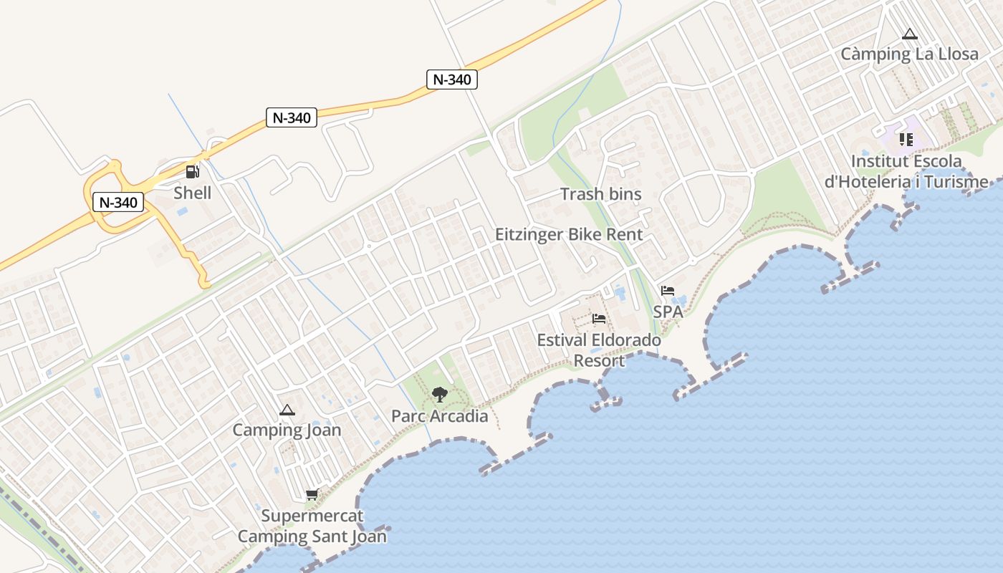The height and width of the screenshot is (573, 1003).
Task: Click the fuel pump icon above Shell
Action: (x=192, y=172)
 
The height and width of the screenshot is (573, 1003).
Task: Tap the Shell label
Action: (x=193, y=193)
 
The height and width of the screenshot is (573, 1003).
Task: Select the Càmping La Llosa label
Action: (x=909, y=54)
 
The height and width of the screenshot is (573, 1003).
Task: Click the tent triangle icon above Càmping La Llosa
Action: (x=910, y=34)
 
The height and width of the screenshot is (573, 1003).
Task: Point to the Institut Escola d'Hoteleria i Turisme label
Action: (x=906, y=171)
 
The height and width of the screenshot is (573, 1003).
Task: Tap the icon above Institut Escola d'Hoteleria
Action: (x=906, y=140)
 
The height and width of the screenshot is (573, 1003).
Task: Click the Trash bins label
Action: (x=600, y=194)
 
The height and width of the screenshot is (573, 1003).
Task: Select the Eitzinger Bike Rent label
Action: (x=569, y=234)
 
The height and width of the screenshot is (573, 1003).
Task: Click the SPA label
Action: (x=668, y=312)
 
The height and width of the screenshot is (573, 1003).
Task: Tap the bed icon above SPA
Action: (x=668, y=291)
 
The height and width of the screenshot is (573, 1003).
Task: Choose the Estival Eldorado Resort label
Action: (x=599, y=350)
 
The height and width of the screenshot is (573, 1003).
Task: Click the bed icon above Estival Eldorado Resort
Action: (x=599, y=319)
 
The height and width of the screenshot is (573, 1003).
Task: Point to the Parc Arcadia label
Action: (x=439, y=416)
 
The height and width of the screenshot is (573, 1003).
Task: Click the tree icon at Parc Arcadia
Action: (x=439, y=395)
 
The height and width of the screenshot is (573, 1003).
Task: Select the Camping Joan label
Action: (x=287, y=430)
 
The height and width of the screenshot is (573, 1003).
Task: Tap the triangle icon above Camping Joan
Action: (x=287, y=410)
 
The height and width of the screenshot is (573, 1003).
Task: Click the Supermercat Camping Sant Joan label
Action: (x=312, y=526)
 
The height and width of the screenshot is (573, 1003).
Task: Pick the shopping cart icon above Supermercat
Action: (x=312, y=495)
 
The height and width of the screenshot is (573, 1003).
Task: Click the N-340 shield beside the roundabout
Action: (x=118, y=203)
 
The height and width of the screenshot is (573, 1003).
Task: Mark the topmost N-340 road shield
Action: (x=452, y=80)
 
